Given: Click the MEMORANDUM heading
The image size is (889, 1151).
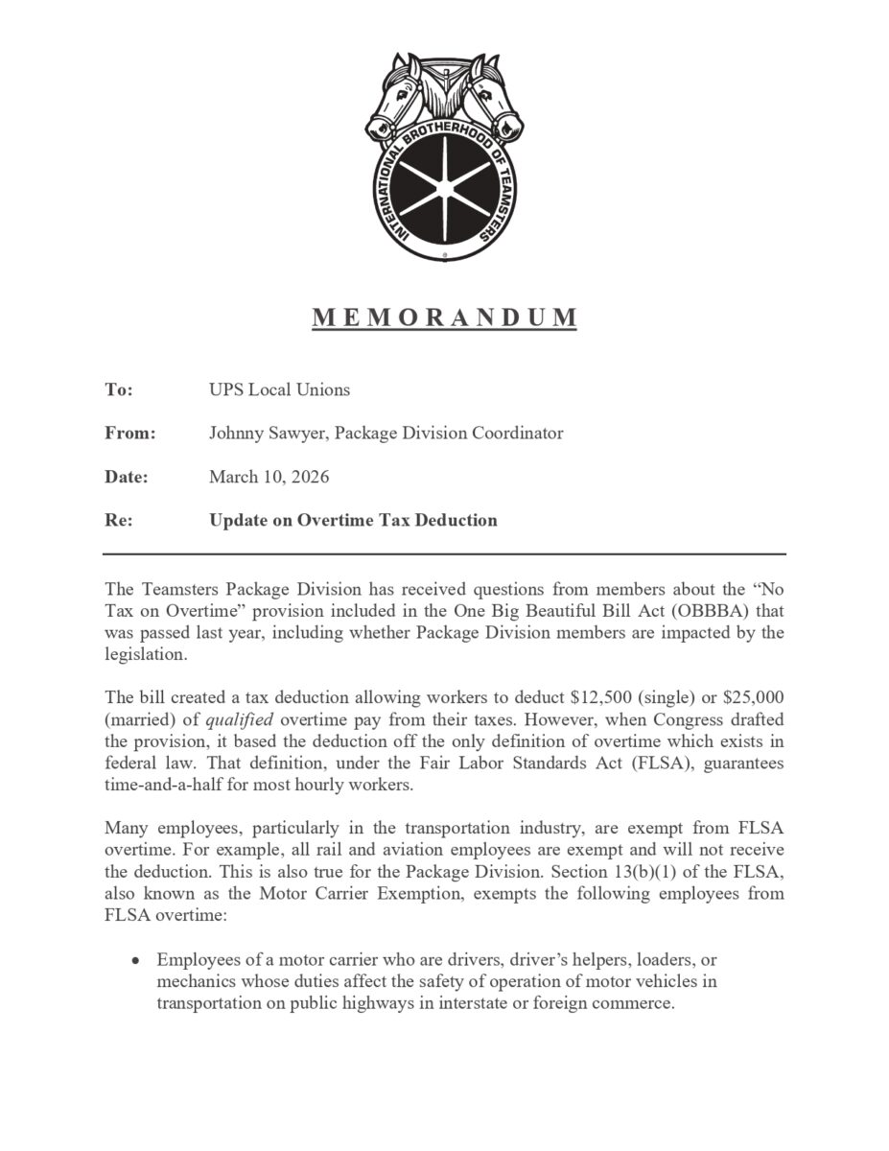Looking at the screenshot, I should coord(444,317).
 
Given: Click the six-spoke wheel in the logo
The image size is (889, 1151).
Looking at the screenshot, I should coord(444,179).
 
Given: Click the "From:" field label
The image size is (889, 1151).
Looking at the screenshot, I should coord(129,433).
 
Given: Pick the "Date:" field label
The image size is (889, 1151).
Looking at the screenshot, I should coord(126,477).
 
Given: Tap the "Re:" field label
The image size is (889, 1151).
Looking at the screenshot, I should coord(118,521).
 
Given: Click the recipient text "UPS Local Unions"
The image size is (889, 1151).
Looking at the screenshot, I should coord(279,389).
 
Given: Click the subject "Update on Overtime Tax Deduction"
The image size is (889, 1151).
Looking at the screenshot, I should coord(353,521).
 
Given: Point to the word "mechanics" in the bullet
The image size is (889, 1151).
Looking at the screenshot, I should coord(193,981).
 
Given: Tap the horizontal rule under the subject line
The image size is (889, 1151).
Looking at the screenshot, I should coord(444,554).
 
